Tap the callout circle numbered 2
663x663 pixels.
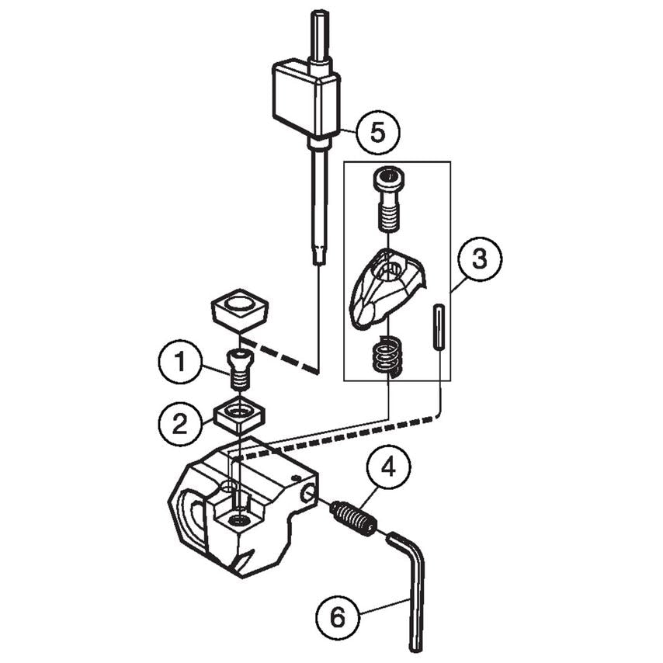179,423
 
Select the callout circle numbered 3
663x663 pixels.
480,259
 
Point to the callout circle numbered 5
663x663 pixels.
377,132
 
